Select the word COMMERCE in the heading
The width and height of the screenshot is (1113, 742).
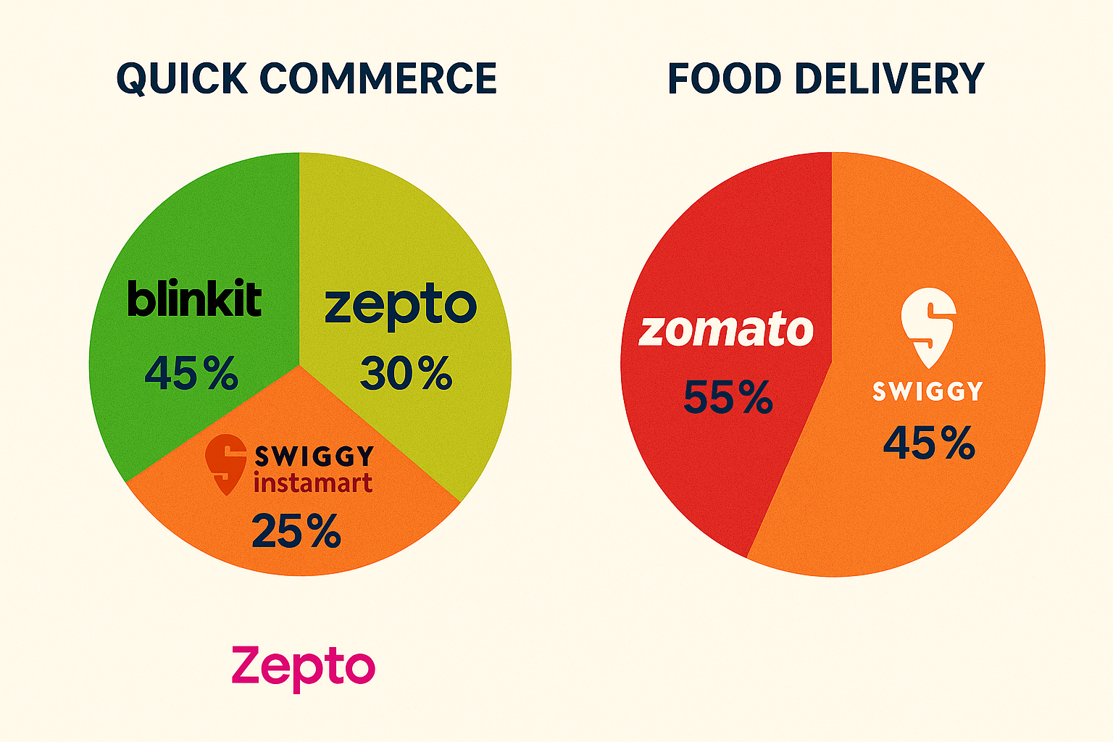click(378, 78)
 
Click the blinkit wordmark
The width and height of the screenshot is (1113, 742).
click(194, 299)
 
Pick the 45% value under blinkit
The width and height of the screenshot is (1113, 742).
click(191, 374)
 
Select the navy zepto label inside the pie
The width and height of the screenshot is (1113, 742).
click(401, 306)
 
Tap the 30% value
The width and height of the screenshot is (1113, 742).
click(406, 374)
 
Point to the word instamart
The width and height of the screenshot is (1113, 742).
click(313, 483)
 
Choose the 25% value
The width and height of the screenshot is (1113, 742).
click(296, 531)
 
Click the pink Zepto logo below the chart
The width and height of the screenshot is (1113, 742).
click(303, 667)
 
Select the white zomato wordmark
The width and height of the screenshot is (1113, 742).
click(726, 330)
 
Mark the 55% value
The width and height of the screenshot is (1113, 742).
click(728, 397)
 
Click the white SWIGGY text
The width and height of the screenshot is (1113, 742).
click(927, 391)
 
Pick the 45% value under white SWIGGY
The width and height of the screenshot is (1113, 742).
click(929, 443)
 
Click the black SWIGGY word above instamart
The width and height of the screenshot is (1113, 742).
click(314, 456)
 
